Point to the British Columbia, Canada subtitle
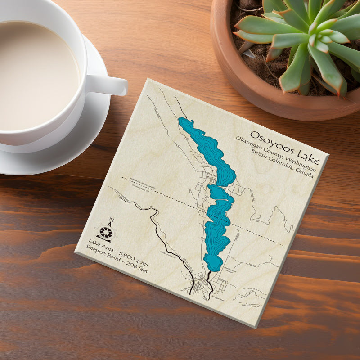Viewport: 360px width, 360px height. [x=278, y=164]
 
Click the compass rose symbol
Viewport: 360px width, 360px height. [x=106, y=233]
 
